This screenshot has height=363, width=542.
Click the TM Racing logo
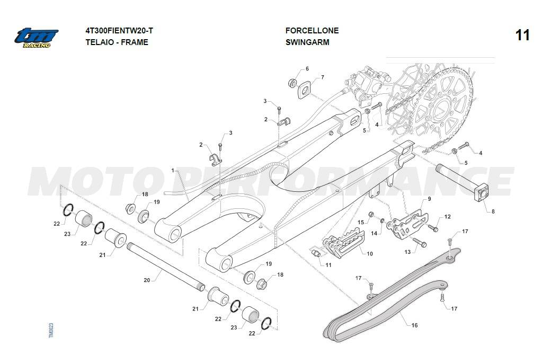coord(35,38)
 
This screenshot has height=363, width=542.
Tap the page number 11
coord(522,36)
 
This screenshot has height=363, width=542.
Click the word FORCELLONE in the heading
coord(312,31)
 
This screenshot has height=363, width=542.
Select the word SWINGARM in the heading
coord(307,42)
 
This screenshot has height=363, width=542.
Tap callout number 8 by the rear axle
coord(493,211)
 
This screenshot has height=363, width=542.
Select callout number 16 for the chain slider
coord(414,325)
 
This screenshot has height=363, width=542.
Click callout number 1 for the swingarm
coord(173,170)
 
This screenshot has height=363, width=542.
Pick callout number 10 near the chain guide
coord(369,254)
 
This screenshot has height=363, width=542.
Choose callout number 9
coord(429,199)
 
